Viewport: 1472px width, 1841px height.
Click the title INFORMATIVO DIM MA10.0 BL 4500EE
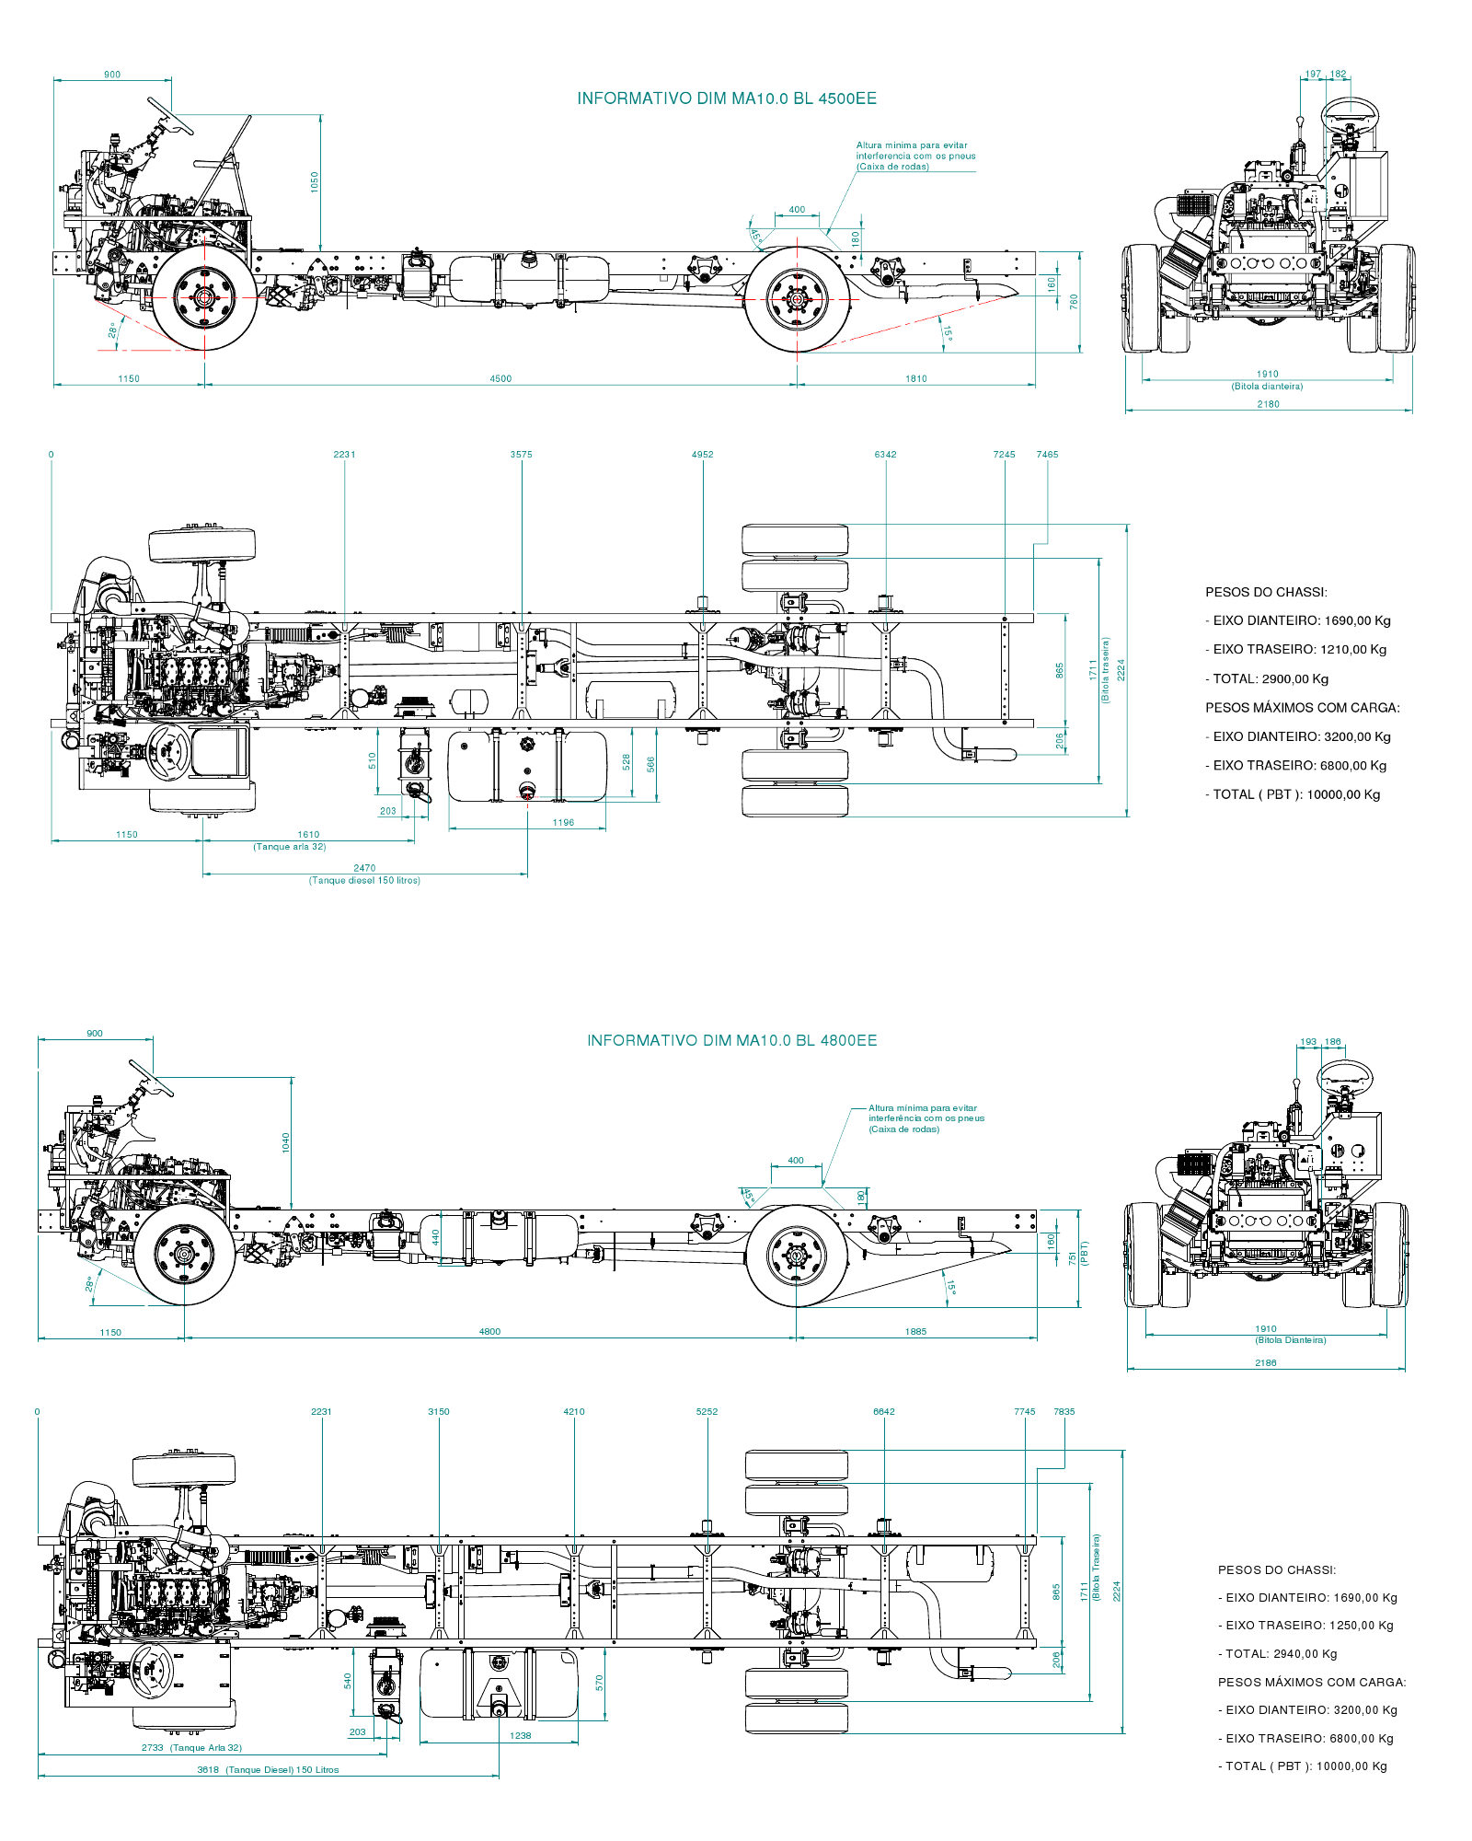point(727,98)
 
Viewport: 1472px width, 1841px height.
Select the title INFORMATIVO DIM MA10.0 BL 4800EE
point(732,1040)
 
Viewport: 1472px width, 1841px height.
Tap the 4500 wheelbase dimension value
point(500,378)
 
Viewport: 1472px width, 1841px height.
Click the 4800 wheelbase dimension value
point(489,1331)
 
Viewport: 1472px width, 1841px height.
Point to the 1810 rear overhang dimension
point(916,378)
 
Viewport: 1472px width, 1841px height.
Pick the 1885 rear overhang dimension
point(915,1331)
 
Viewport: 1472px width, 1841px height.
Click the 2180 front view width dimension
point(1268,404)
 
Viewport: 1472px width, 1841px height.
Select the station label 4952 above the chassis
point(702,455)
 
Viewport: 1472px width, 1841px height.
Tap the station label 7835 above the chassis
point(1064,1411)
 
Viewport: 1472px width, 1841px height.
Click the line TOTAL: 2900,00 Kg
point(1268,678)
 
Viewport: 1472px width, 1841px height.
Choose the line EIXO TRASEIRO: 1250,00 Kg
point(1306,1625)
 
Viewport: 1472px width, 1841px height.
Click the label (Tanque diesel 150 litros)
point(364,881)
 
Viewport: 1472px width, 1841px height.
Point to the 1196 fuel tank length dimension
point(563,823)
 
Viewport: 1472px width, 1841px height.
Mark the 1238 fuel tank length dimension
point(521,1735)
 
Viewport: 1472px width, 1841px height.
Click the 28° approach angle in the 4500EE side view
point(113,330)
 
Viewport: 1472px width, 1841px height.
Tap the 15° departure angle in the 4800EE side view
point(951,1287)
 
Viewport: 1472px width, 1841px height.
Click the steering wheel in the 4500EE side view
point(171,116)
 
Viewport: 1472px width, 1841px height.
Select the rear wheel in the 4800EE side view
point(796,1256)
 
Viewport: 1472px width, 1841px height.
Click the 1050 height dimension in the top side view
point(315,181)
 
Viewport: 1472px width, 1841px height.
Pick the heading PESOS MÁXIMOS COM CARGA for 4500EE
point(1303,708)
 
